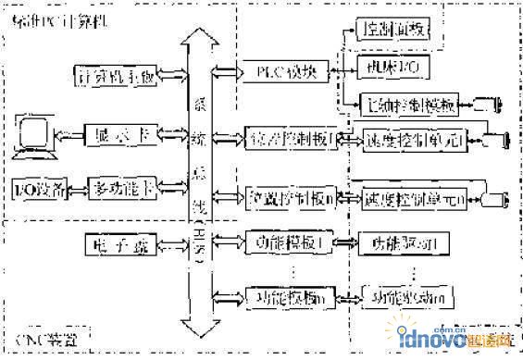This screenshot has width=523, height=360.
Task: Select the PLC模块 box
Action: [x=283, y=68]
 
